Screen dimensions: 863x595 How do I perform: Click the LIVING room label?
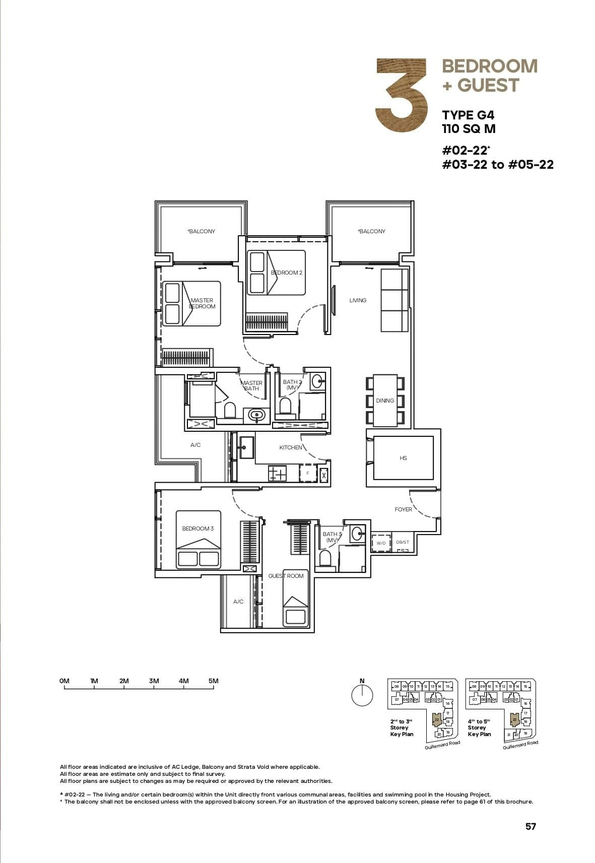coord(358,300)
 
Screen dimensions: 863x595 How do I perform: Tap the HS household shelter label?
coord(403,458)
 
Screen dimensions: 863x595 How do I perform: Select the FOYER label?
coord(403,509)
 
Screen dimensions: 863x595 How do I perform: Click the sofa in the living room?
coord(394,300)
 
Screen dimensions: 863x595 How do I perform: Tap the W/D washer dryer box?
coord(381,543)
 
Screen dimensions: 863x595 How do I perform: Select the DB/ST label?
coord(403,542)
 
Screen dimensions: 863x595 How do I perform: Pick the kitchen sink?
coord(246,447)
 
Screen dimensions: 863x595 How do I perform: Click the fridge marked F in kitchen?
coord(307,474)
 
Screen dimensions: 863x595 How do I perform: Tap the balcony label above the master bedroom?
coord(201,231)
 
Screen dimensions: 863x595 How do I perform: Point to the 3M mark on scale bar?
coord(154,681)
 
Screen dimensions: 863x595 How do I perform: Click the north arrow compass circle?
coord(362,696)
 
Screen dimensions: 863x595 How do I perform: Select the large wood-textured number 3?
coord(402,95)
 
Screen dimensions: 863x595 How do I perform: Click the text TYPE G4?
coord(468,115)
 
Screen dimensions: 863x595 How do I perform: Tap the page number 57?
coord(530,826)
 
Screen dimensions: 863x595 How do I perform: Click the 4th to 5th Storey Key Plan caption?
coord(479,727)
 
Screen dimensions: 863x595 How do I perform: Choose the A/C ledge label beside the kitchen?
coord(195,445)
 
